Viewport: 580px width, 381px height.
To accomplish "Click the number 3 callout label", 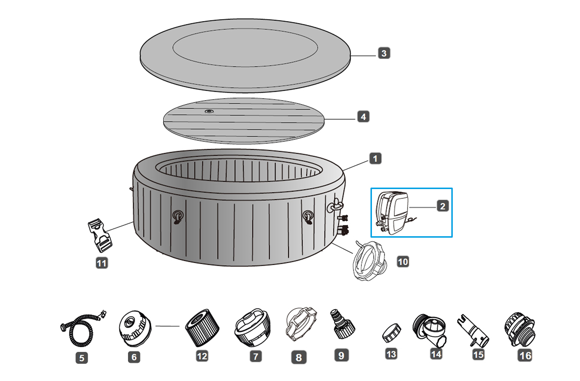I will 384,53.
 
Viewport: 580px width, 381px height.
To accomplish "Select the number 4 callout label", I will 363,117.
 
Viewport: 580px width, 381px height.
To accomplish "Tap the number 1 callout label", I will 375,159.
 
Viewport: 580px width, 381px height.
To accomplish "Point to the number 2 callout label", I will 443,206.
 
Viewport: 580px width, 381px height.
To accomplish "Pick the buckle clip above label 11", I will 100,235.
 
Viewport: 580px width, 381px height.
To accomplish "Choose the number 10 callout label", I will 403,262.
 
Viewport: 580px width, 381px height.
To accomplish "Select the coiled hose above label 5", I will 82,329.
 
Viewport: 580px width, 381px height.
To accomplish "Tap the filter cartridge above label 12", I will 202,328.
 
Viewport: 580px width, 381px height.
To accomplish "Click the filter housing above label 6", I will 134,328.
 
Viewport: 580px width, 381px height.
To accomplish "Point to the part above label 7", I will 253,327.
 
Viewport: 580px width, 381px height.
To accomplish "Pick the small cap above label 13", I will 392,333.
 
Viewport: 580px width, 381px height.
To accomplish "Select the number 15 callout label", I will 478,355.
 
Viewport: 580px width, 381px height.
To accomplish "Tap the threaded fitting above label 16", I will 519,329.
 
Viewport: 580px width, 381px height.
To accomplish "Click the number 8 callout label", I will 299,357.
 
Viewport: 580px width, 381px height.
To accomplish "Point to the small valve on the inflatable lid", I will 208,111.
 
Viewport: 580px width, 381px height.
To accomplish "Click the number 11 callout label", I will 102,263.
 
